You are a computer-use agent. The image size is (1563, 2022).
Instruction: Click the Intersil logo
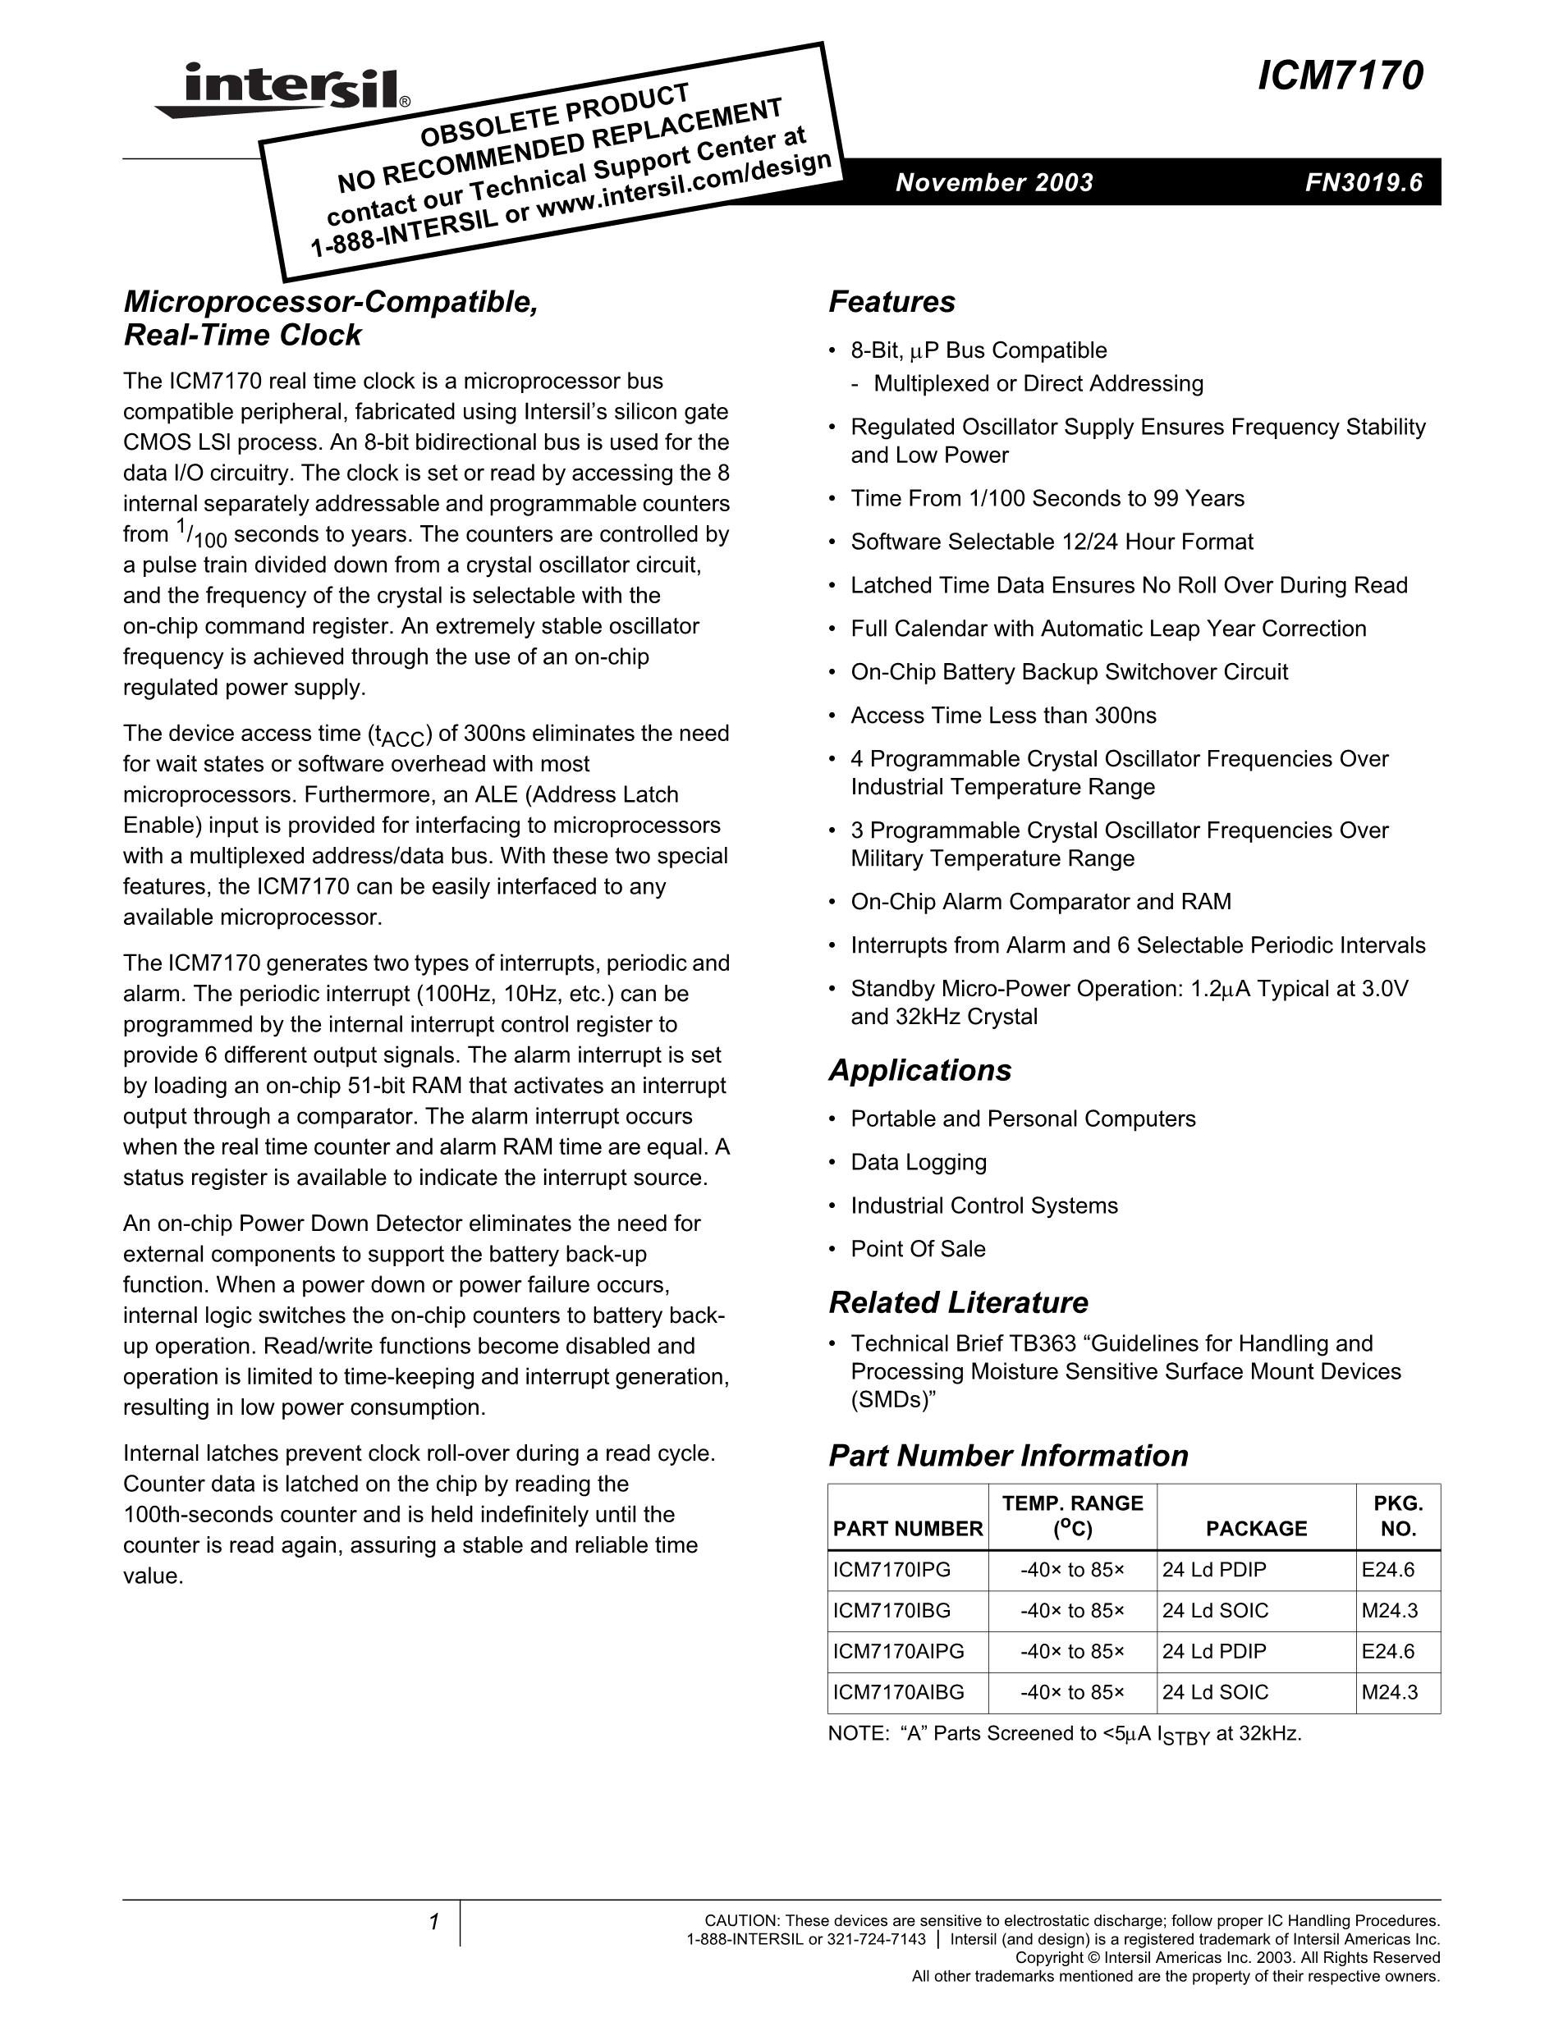(x=282, y=89)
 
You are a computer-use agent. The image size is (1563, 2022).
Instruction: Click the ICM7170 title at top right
(x=1340, y=76)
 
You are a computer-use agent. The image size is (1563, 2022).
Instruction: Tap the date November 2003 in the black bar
(x=993, y=182)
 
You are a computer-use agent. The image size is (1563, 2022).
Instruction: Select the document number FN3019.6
(x=1363, y=182)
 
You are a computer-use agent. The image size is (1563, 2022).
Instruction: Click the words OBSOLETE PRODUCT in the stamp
(x=554, y=115)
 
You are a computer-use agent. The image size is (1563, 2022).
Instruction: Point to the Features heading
(x=891, y=302)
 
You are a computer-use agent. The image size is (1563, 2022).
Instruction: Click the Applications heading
(x=919, y=1070)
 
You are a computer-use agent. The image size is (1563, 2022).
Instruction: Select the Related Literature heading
(x=957, y=1302)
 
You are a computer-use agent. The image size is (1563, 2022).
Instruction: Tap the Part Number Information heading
(x=1007, y=1456)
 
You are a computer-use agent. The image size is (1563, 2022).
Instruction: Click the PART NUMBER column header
(x=907, y=1529)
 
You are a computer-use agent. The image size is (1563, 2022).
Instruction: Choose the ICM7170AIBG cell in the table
(x=898, y=1692)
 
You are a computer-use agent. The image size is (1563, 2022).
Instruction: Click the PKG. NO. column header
(x=1397, y=1516)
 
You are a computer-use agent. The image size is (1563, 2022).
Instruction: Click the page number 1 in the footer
(x=433, y=1923)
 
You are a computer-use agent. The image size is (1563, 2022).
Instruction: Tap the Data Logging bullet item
(x=919, y=1162)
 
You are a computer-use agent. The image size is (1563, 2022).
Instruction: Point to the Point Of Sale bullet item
(x=918, y=1249)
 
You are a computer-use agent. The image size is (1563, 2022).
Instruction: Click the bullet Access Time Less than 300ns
(x=1003, y=716)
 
